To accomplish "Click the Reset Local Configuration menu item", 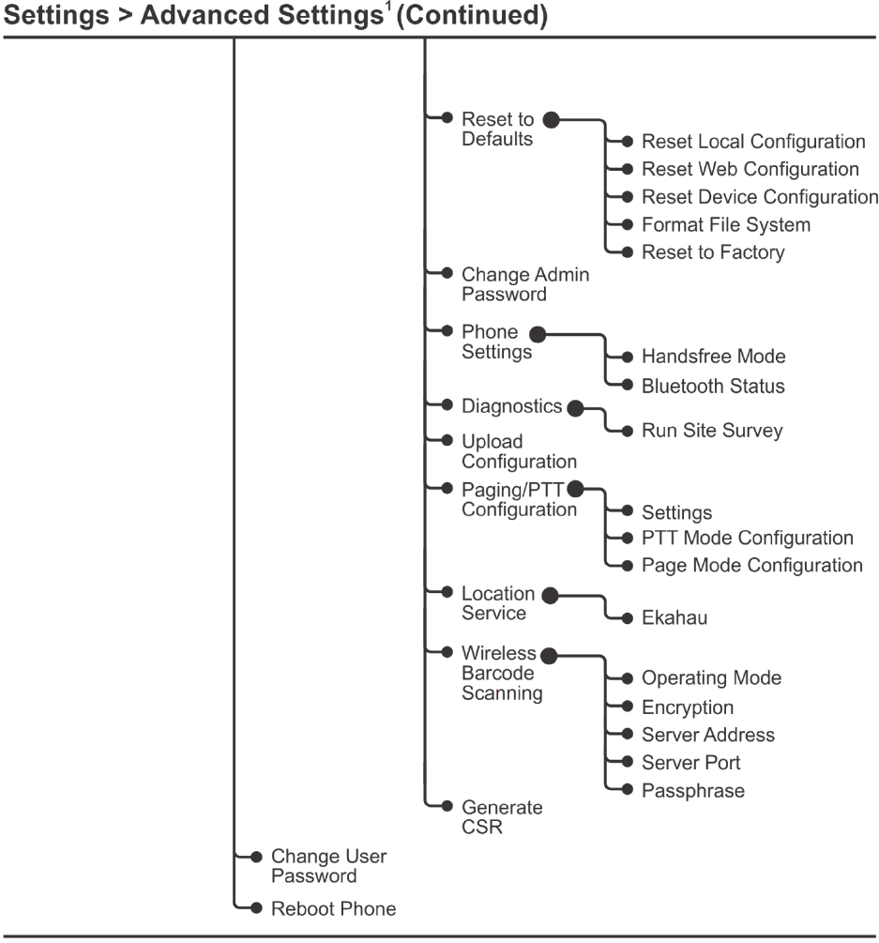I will click(752, 142).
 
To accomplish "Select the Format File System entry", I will click(725, 225).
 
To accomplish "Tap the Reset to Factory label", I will click(713, 252).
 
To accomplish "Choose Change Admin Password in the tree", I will click(524, 284).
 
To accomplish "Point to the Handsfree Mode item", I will click(713, 357).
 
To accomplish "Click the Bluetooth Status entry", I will click(713, 386).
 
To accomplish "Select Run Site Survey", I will click(711, 432).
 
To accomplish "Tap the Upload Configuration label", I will click(519, 451).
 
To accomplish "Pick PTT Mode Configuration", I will click(747, 539).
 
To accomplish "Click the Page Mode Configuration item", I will click(751, 566).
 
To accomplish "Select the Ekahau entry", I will click(674, 618).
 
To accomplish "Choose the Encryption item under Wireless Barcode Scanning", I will click(687, 707).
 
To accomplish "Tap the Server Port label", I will click(690, 763).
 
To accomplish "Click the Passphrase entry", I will click(692, 791).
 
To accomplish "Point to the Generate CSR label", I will click(502, 817).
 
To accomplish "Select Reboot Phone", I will click(333, 908).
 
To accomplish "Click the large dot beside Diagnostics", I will click(576, 408).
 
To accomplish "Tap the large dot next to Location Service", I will click(551, 595).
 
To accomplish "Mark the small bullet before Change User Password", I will click(256, 857).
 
